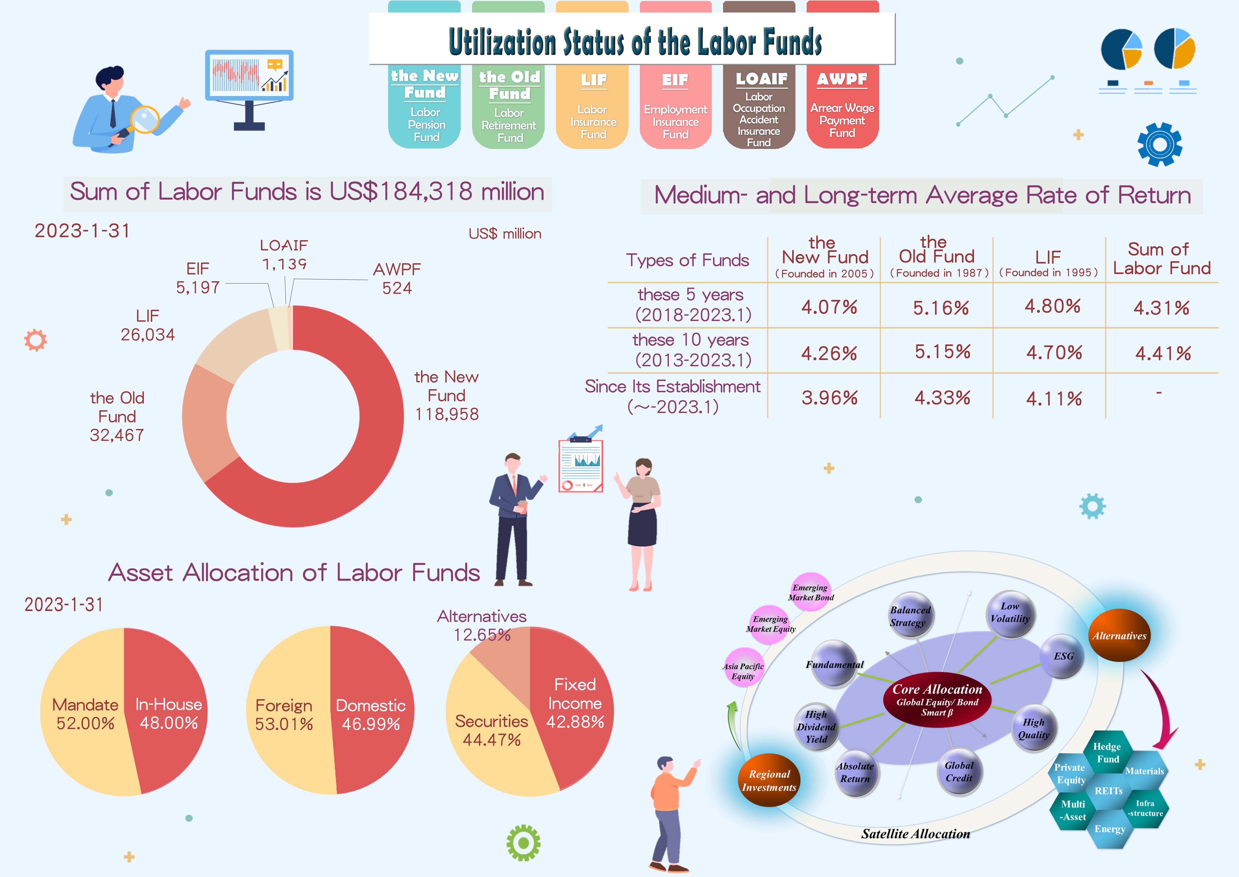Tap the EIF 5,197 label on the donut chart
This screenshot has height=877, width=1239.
(x=198, y=278)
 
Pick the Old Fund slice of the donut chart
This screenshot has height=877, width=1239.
(x=208, y=421)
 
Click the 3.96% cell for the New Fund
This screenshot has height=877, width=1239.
(x=829, y=398)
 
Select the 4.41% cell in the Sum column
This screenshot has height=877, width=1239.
(x=1163, y=354)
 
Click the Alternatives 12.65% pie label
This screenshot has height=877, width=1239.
(x=482, y=625)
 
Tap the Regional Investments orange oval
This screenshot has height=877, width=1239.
(x=769, y=780)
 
